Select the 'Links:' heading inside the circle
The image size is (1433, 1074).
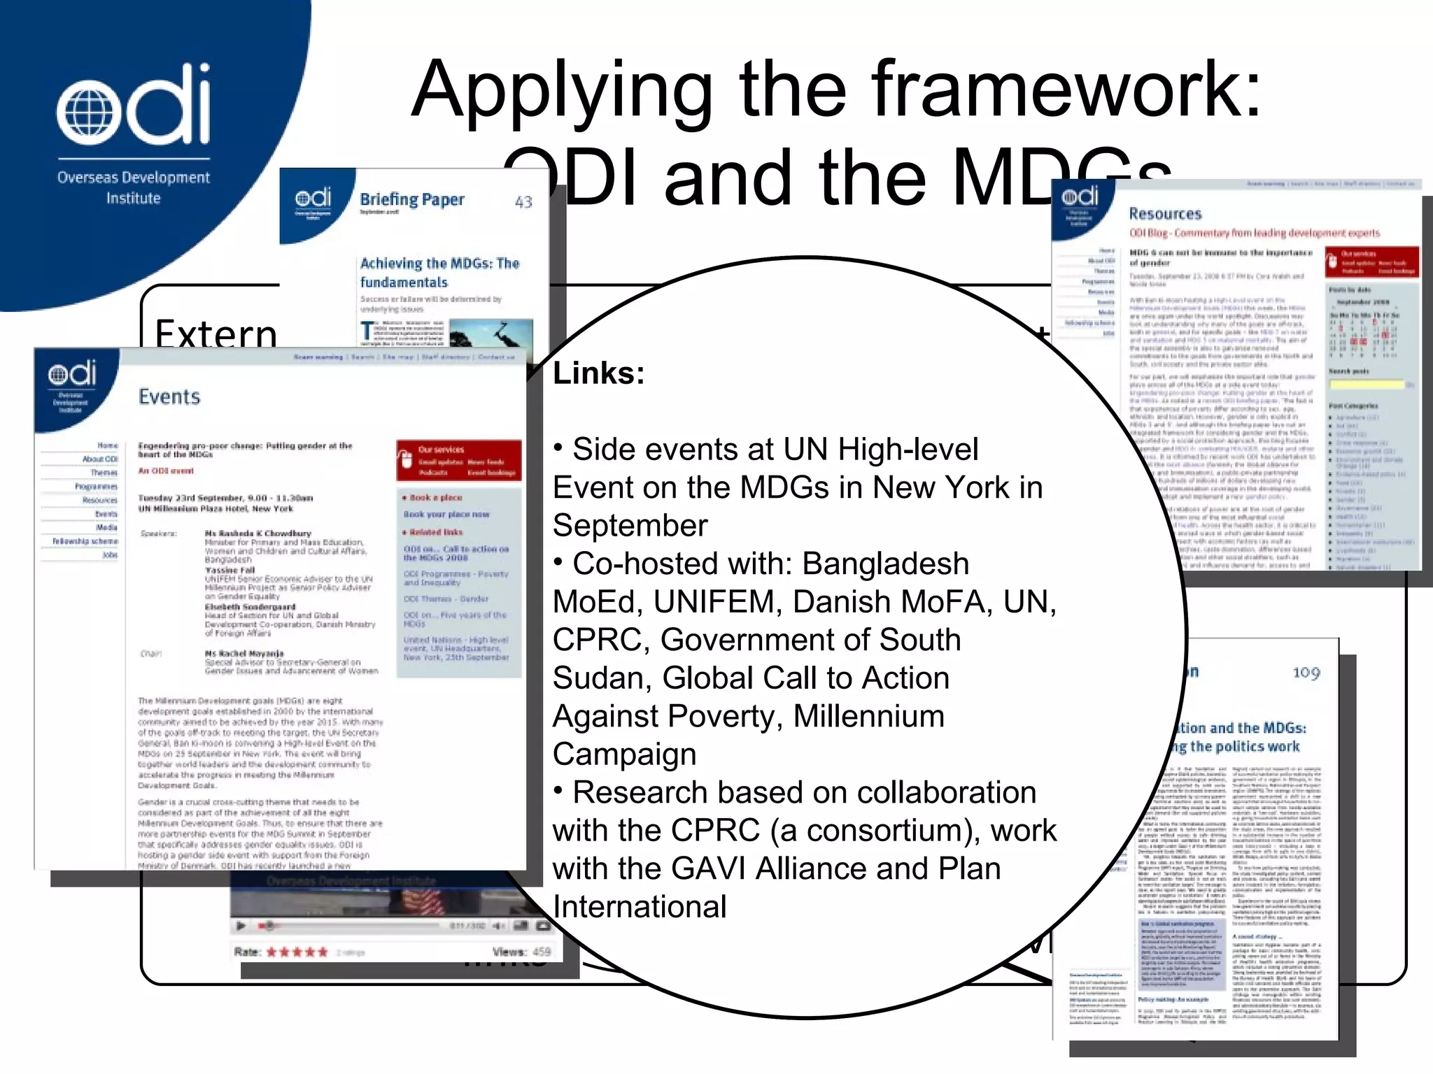[598, 373]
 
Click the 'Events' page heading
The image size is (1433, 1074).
[169, 397]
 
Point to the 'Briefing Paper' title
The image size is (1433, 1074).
[411, 200]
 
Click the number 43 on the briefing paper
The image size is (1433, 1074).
[523, 202]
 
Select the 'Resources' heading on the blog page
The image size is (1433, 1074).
[1165, 214]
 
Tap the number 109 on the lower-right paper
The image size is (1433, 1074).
[1306, 673]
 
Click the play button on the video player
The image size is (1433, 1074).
[241, 926]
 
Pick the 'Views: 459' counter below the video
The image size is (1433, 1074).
[521, 952]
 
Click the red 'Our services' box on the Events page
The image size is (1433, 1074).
[458, 460]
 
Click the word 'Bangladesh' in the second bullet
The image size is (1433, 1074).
[885, 564]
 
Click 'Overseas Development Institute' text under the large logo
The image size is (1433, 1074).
[133, 187]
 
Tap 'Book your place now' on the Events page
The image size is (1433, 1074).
[446, 515]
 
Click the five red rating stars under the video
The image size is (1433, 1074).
[297, 952]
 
